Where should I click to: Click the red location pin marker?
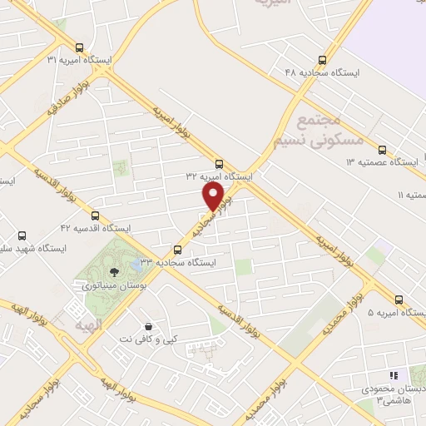214,196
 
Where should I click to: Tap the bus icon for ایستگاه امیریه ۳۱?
79,47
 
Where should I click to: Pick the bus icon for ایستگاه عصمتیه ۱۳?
382,150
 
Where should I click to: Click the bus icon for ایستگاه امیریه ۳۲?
219,164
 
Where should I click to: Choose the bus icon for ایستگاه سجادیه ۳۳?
177,250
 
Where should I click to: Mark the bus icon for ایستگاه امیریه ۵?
399,300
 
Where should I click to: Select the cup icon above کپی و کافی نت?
148,326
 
